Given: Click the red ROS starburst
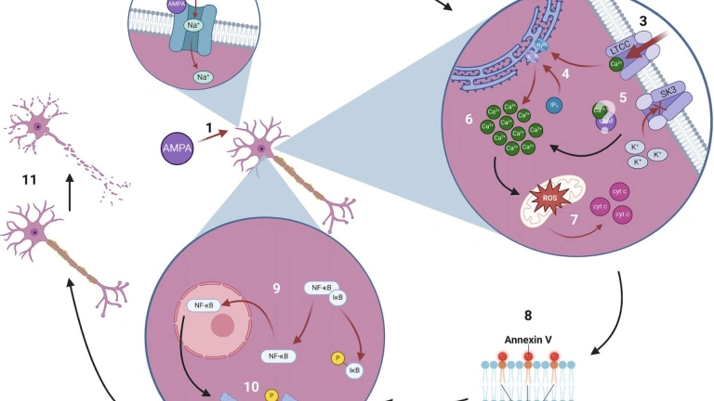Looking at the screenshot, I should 549,199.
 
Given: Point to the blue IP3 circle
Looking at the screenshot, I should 553,105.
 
